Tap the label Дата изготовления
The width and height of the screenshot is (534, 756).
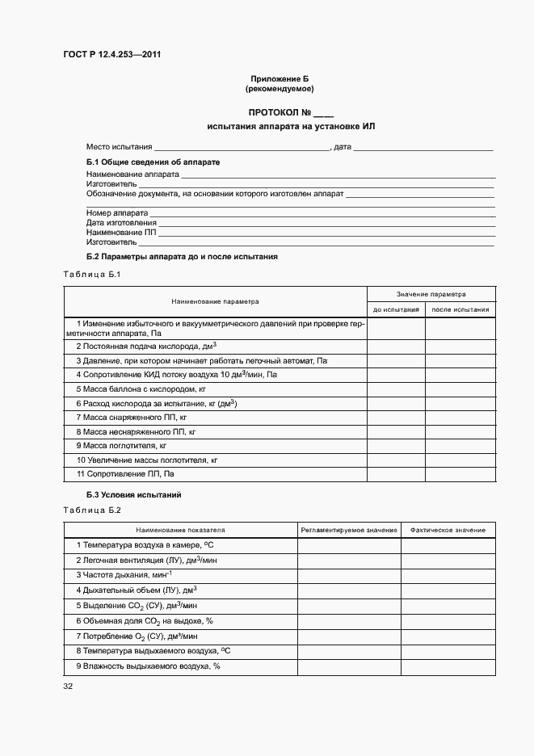121,222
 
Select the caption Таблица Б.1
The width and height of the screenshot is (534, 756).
91,275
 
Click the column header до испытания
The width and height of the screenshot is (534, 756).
396,309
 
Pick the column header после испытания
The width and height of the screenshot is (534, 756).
460,309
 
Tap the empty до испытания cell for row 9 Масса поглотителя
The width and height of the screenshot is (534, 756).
396,445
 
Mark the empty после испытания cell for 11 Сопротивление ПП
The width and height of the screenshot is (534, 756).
460,473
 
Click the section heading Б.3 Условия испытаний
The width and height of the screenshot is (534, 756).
134,493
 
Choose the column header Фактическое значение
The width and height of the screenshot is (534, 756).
448,530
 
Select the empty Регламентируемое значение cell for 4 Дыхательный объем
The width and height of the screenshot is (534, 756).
349,590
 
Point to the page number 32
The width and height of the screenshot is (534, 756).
68,687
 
